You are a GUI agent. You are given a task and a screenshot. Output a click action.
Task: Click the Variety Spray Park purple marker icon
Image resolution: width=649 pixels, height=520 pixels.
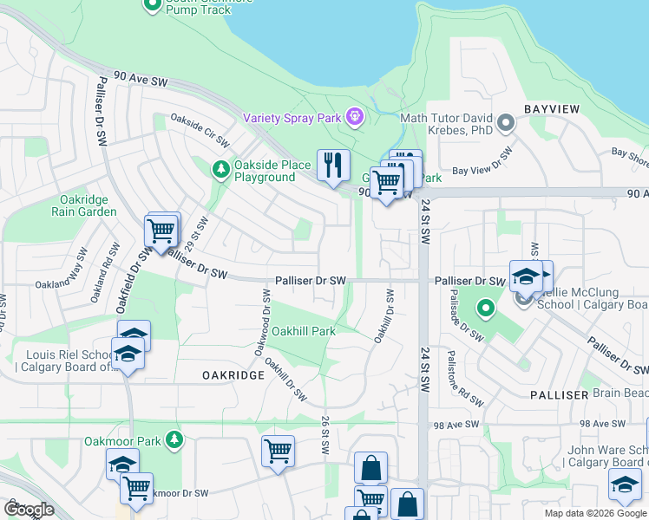(354, 116)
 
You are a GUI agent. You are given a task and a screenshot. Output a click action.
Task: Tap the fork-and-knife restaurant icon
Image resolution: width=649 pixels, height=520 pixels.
(333, 164)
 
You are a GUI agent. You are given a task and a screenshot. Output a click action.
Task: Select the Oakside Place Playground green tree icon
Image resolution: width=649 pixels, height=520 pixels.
(222, 167)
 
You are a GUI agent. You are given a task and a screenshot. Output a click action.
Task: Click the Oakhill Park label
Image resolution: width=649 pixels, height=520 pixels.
(303, 331)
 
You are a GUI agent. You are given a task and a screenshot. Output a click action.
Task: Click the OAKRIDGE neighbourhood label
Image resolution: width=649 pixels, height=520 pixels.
(233, 374)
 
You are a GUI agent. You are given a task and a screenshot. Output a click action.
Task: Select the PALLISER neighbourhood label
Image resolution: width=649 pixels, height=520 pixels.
(560, 394)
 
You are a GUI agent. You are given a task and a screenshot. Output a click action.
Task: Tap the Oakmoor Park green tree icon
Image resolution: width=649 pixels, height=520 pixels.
(176, 440)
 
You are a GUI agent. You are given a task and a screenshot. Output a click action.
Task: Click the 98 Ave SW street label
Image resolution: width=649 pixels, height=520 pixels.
(456, 425)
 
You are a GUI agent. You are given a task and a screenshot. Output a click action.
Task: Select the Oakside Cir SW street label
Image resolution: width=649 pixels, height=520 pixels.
(200, 130)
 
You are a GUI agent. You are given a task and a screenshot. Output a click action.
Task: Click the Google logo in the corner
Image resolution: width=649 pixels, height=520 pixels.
(29, 509)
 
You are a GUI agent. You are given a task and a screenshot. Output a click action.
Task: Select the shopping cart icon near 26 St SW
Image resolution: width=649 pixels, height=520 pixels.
(278, 450)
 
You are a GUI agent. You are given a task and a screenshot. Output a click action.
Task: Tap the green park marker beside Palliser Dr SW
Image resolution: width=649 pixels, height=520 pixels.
(485, 307)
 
